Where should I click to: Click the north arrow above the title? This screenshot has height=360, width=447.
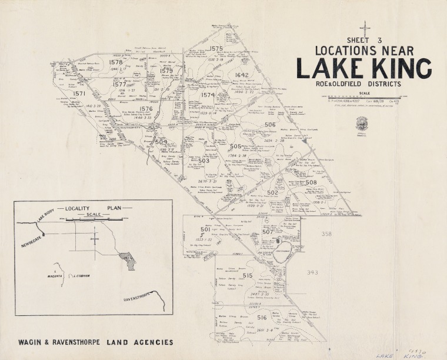pyautogui.click(x=366, y=28)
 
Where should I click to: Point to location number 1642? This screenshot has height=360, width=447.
pyautogui.click(x=242, y=75)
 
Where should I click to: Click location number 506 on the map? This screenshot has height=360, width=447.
pyautogui.click(x=270, y=125)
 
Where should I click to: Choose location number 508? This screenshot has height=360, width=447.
pyautogui.click(x=311, y=183)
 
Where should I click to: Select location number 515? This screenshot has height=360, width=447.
pyautogui.click(x=247, y=276)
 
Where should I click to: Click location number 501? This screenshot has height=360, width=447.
pyautogui.click(x=205, y=229)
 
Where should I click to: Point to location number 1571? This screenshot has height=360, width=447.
pyautogui.click(x=79, y=94)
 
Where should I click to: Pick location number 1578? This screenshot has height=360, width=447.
pyautogui.click(x=116, y=62)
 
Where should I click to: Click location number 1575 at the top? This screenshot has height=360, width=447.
pyautogui.click(x=216, y=48)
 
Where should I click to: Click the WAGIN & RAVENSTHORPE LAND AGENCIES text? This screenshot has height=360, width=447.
pyautogui.click(x=95, y=342)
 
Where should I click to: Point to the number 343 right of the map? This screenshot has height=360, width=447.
pyautogui.click(x=312, y=272)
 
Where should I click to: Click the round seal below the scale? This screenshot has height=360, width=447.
pyautogui.click(x=361, y=123)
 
